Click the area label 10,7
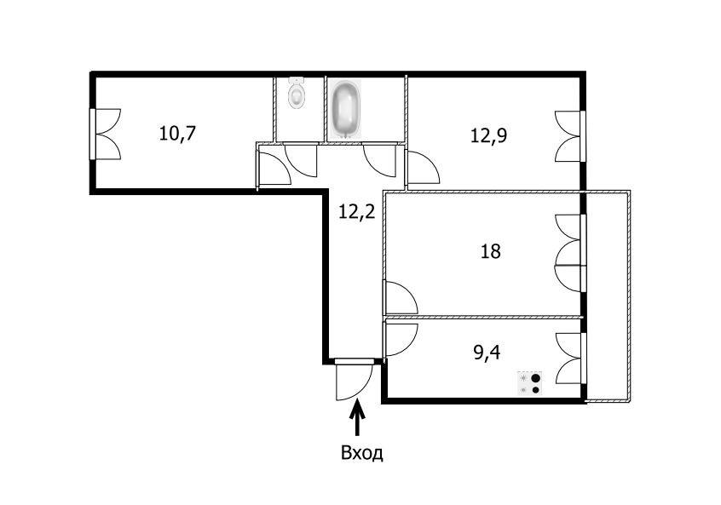(177, 133)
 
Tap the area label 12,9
(488, 135)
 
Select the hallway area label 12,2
(357, 212)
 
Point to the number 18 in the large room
(490, 251)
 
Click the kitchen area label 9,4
(487, 353)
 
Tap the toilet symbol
(297, 93)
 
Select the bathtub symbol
(346, 109)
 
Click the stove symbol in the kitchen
(530, 384)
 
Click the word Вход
(362, 453)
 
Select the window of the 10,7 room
(106, 135)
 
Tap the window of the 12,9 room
(570, 136)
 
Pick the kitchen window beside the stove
(570, 359)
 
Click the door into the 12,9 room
(423, 167)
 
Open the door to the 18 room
(400, 298)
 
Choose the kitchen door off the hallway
(400, 340)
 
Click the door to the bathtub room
(379, 160)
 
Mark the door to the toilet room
(301, 160)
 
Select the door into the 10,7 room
(274, 168)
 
